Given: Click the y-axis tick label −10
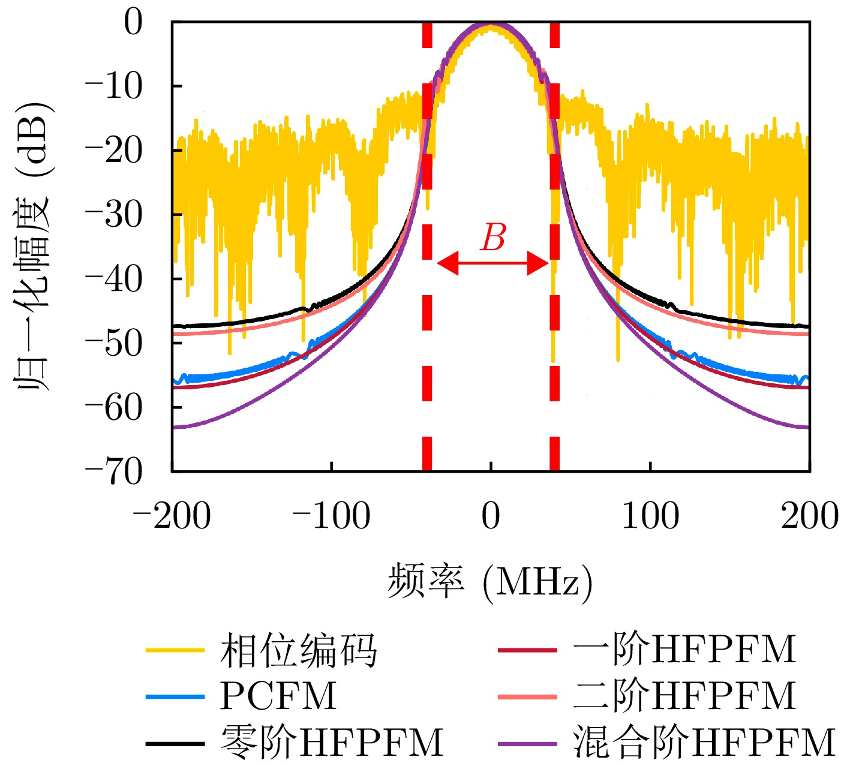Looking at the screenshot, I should point(114,87).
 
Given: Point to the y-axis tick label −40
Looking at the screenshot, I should point(114,280).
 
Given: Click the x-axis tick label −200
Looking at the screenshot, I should point(172,516).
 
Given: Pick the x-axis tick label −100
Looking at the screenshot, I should point(331,516).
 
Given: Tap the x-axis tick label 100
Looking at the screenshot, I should point(650,516).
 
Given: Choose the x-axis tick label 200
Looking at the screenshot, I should point(809,516).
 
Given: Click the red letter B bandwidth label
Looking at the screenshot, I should point(493,238).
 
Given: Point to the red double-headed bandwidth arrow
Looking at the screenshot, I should point(492,263).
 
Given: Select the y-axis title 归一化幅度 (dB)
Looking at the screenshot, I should point(34,246).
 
